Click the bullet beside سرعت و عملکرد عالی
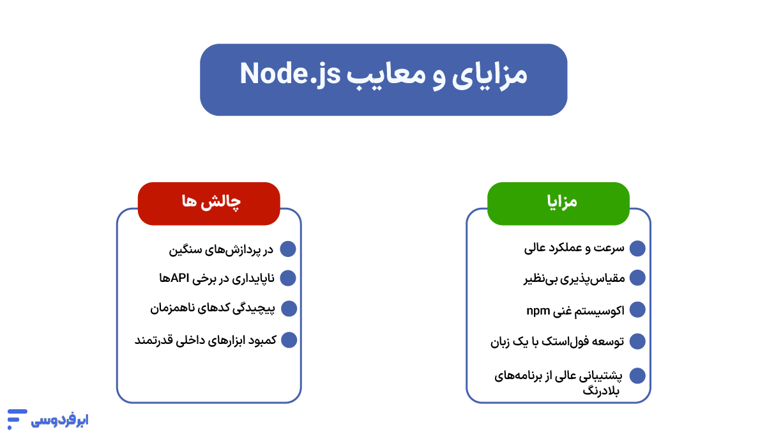click(637, 248)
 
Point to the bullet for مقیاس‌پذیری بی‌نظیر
click(637, 277)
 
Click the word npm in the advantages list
click(538, 310)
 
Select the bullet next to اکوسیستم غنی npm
click(637, 309)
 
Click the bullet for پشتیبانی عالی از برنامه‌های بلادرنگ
click(637, 376)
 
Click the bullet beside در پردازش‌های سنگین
click(289, 249)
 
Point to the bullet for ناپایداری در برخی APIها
click(289, 277)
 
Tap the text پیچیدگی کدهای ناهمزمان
click(212, 308)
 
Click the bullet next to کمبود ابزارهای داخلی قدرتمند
click(289, 339)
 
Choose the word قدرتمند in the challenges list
click(151, 339)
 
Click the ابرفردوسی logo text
click(60, 420)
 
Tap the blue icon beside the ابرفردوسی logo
click(17, 419)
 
